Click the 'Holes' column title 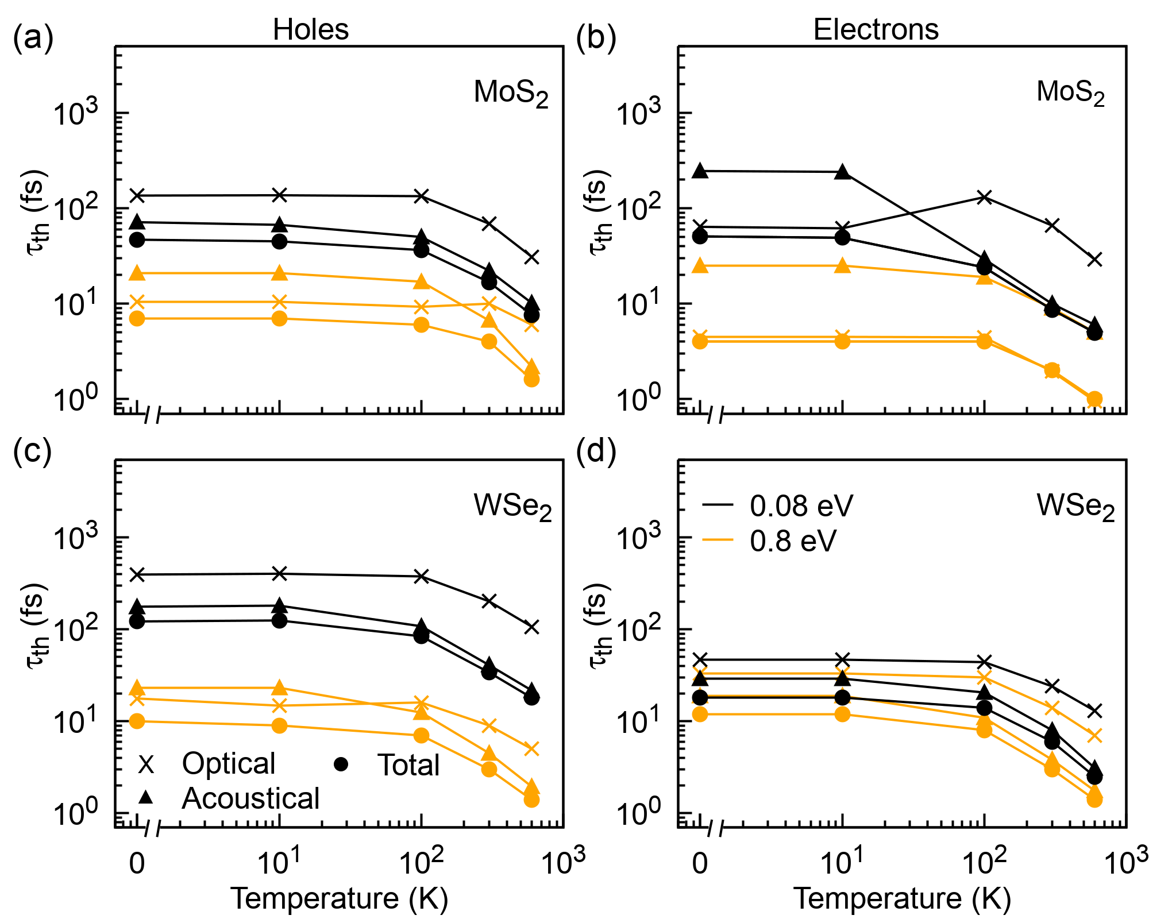coord(310,29)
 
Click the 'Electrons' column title coord(876,29)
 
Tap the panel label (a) coord(33,39)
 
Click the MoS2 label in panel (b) coord(1070,92)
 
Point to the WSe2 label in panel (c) coord(512,507)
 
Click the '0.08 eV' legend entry coord(801,505)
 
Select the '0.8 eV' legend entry coord(793,540)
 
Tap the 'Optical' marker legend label coord(229,763)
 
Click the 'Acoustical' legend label coord(250,798)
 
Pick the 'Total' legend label coord(408,765)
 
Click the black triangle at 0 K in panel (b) coord(700,171)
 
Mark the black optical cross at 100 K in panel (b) coord(984,198)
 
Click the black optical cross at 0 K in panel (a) coord(137,195)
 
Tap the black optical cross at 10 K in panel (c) coord(279,573)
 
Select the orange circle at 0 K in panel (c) coord(137,721)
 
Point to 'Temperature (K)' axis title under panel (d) coord(902,898)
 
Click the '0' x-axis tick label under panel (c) coord(137,863)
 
